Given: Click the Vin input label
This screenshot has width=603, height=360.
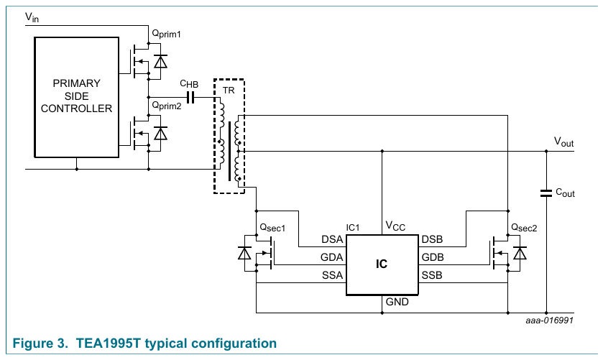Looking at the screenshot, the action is pyautogui.click(x=32, y=17).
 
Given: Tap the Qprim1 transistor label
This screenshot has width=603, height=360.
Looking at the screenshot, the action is pyautogui.click(x=166, y=34).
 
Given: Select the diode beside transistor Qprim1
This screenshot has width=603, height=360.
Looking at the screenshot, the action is pyautogui.click(x=160, y=62).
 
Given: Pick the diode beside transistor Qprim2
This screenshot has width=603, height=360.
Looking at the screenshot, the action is pyautogui.click(x=160, y=134).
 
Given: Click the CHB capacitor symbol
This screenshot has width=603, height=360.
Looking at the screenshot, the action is pyautogui.click(x=190, y=97).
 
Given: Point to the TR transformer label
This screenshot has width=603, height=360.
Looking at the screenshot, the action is pyautogui.click(x=229, y=91).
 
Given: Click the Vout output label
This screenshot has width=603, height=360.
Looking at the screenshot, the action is pyautogui.click(x=563, y=142).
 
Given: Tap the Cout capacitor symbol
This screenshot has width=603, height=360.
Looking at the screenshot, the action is pyautogui.click(x=546, y=193).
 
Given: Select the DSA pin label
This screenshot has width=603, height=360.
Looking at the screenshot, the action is pyautogui.click(x=332, y=239).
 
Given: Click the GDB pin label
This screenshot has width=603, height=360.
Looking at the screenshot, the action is pyautogui.click(x=433, y=257).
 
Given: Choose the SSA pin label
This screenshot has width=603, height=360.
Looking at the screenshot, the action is pyautogui.click(x=332, y=275).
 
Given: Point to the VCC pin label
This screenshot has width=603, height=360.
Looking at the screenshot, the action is pyautogui.click(x=395, y=226).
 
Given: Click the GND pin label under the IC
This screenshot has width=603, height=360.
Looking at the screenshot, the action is pyautogui.click(x=397, y=302).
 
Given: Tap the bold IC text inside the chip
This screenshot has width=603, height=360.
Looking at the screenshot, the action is pyautogui.click(x=382, y=264).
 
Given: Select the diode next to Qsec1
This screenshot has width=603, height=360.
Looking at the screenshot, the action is pyautogui.click(x=244, y=254).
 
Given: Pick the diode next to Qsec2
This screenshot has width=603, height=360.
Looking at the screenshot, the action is pyautogui.click(x=520, y=254).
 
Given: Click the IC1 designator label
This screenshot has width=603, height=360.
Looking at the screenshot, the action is pyautogui.click(x=353, y=228).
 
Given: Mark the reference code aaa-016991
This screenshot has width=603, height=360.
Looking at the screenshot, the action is pyautogui.click(x=550, y=320).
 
